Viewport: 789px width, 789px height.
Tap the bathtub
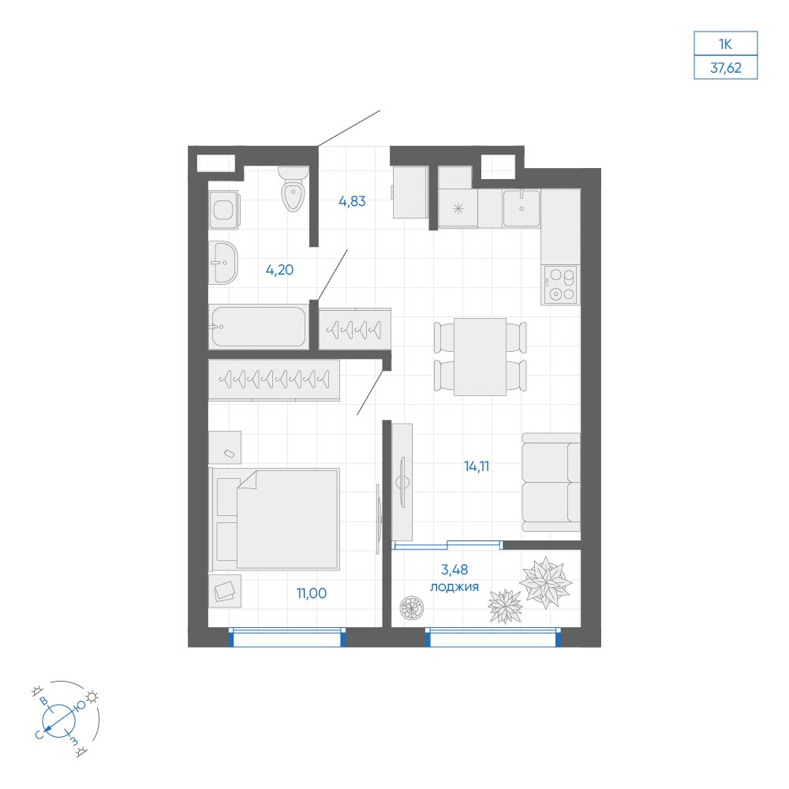258,327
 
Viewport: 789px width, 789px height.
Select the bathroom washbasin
223,262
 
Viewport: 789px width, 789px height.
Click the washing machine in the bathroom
223,210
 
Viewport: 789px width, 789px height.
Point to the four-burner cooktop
560,285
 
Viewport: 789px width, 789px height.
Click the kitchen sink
522,208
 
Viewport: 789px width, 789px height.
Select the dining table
480,357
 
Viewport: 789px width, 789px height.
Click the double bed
275,519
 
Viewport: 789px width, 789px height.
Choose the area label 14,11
477,466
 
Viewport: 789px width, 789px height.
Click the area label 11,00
312,593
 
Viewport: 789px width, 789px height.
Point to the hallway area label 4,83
352,201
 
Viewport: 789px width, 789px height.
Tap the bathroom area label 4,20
280,270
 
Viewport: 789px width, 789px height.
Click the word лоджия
454,587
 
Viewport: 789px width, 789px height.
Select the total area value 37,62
726,67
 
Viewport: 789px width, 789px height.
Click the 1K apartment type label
725,44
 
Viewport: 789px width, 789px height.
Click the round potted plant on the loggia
412,608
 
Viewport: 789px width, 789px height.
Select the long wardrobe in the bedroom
275,380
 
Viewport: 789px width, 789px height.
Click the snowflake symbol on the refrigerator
458,208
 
